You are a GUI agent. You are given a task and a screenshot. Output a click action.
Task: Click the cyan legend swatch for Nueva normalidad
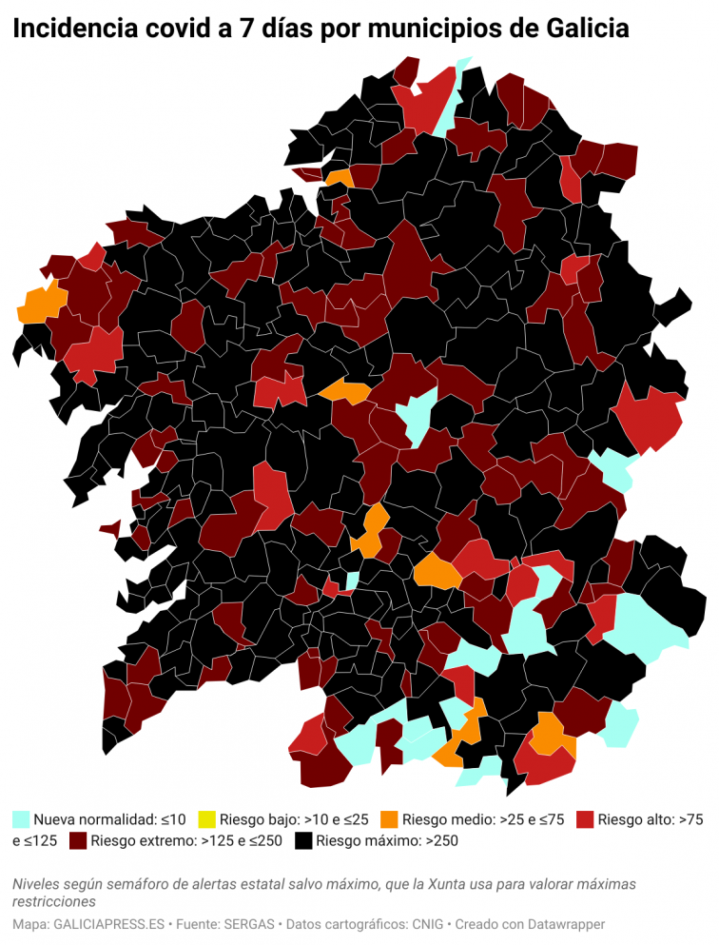coord(21,818)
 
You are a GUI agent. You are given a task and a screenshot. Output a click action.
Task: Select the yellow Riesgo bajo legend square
coord(206,818)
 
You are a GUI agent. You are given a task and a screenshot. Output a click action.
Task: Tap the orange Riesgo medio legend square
coord(388,818)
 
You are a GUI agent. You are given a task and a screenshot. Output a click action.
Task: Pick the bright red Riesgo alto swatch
coord(585,818)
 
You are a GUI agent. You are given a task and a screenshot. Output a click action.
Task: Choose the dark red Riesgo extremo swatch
coord(78,840)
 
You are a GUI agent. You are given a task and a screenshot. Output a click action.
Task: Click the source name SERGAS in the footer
coord(252,924)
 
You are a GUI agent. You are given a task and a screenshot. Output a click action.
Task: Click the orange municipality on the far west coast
coord(41,303)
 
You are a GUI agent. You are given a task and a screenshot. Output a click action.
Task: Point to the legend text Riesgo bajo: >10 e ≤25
coord(294,818)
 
